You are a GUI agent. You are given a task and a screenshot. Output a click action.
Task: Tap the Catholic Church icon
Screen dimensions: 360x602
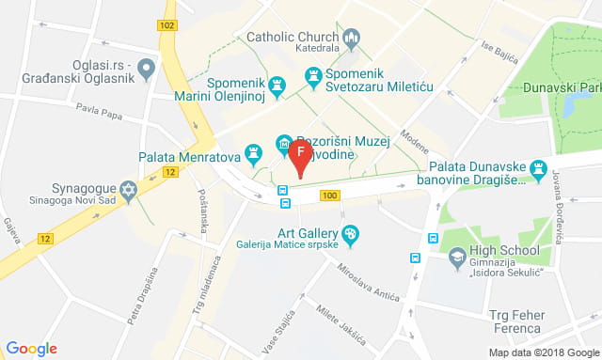click(352, 39)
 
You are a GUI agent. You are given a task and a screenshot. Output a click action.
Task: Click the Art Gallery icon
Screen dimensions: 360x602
click(350, 233)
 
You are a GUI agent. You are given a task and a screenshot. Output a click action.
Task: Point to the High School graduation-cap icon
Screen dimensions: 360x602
click(456, 255)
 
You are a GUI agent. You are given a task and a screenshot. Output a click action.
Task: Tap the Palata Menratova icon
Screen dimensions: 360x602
click(253, 152)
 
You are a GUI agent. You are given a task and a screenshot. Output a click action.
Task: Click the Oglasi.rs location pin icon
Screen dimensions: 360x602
click(146, 69)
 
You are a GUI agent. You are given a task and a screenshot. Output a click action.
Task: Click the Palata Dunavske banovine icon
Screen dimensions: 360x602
click(538, 170)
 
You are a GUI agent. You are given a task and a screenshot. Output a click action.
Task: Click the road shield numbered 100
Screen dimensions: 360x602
click(328, 196)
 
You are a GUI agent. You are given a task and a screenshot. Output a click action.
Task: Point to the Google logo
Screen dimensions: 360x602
click(31, 349)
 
